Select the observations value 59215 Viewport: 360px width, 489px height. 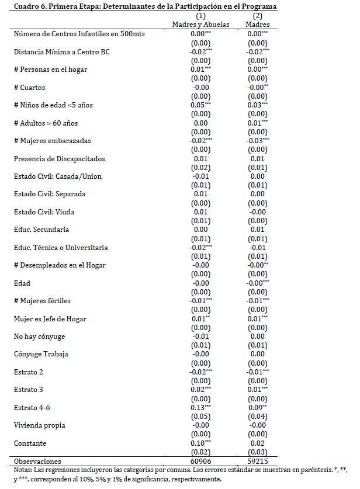coord(257,461)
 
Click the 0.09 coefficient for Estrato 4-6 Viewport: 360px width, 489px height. coord(255,408)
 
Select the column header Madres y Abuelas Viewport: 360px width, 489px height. coord(200,25)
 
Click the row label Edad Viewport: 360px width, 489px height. coord(22,283)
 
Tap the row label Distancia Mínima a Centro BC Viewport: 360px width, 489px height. coord(61,52)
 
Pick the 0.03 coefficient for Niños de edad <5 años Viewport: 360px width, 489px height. coord(255,105)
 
